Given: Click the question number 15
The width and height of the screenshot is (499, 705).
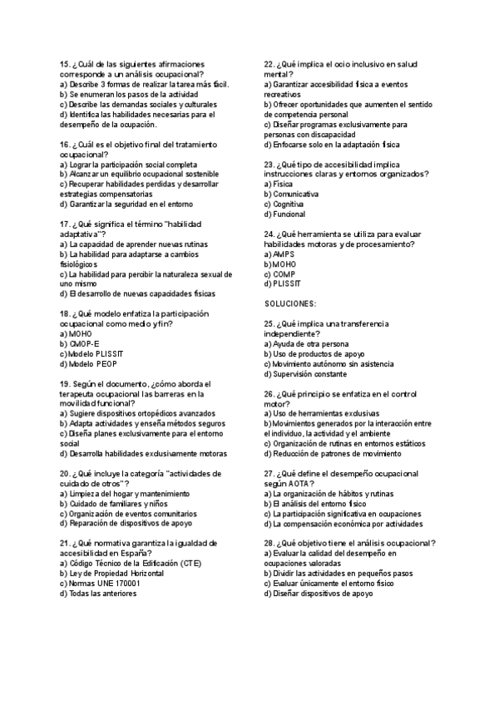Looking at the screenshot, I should [x=65, y=64].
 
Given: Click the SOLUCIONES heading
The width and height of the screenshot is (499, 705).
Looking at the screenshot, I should [x=290, y=304].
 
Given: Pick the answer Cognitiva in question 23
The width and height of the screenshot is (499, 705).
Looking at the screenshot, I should [x=288, y=205].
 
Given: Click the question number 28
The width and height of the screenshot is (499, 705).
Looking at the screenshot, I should [x=269, y=543].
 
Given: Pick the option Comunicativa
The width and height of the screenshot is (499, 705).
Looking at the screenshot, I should [x=294, y=195].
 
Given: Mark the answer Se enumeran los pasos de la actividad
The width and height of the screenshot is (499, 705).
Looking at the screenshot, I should [x=122, y=95].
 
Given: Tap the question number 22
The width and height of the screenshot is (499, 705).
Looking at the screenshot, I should [x=269, y=64].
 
